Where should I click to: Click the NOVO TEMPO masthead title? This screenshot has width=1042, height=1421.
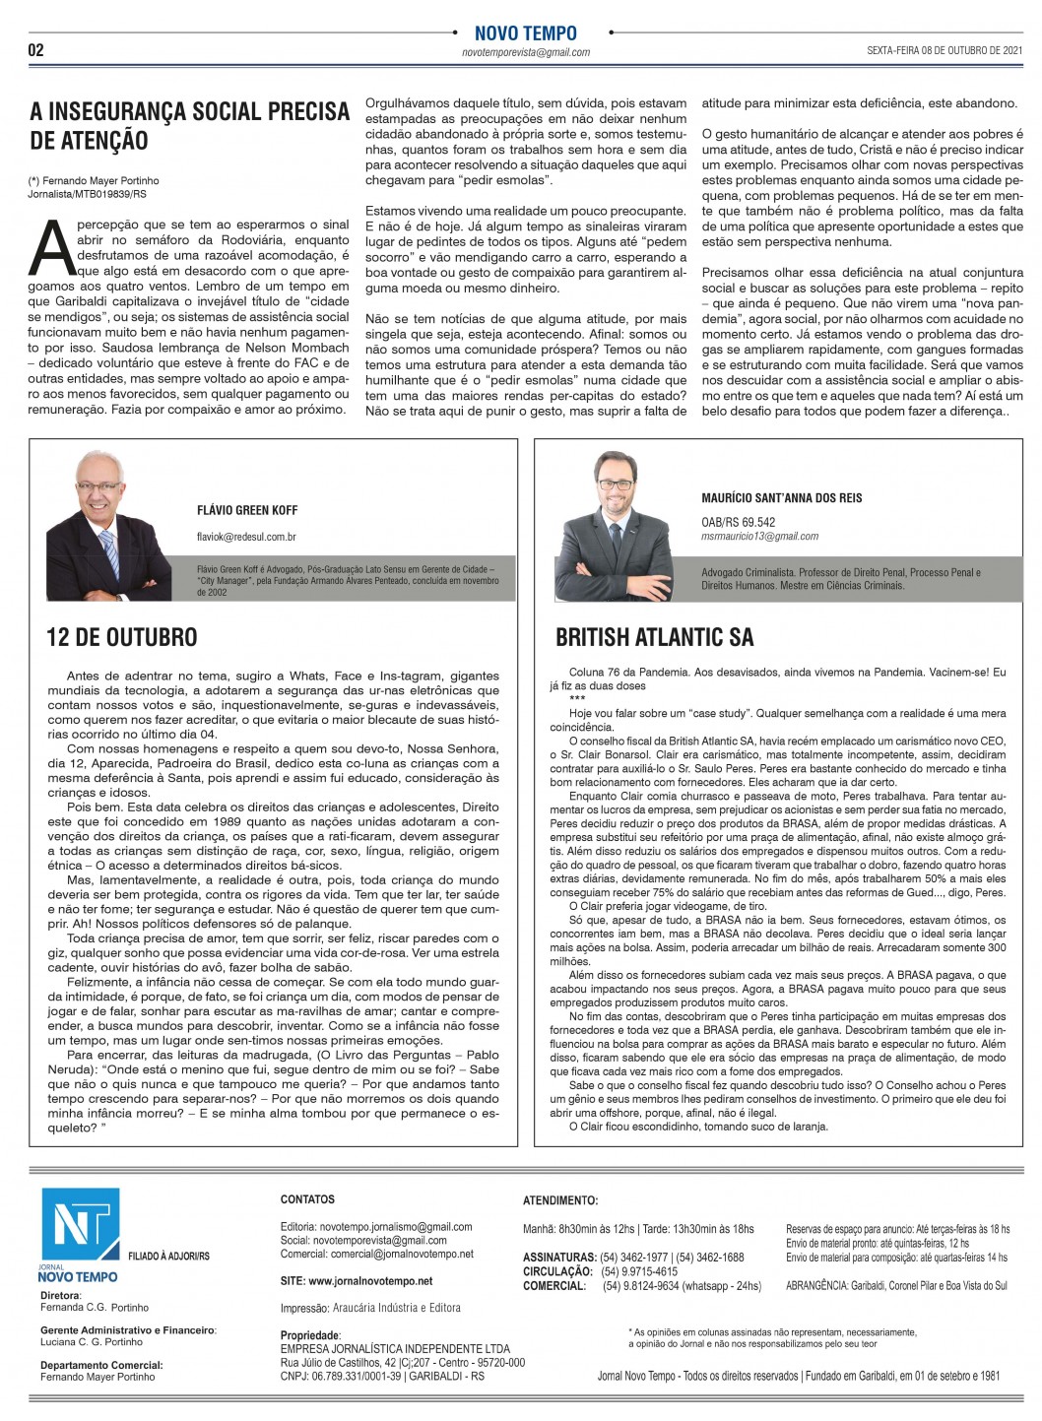tap(526, 32)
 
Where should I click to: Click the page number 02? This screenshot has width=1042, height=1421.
tap(36, 50)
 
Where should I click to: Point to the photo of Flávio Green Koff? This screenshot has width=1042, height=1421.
tap(112, 517)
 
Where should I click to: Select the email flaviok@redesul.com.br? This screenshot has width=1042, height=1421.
tap(246, 537)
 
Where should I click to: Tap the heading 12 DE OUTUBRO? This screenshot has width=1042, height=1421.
tap(121, 637)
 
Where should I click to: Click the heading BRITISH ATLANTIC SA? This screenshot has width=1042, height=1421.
tap(654, 637)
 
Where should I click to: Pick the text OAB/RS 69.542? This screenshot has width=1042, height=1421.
tap(738, 522)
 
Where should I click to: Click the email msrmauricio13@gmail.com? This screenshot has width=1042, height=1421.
tap(759, 537)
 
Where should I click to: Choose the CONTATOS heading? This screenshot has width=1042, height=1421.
tap(307, 1199)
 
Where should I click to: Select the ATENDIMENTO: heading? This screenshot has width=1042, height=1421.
tap(559, 1200)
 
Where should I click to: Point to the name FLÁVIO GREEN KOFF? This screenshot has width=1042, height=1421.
tap(247, 510)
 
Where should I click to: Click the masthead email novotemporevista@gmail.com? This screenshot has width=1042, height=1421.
tap(526, 53)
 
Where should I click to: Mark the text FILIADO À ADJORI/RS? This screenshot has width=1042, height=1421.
tap(168, 1256)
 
